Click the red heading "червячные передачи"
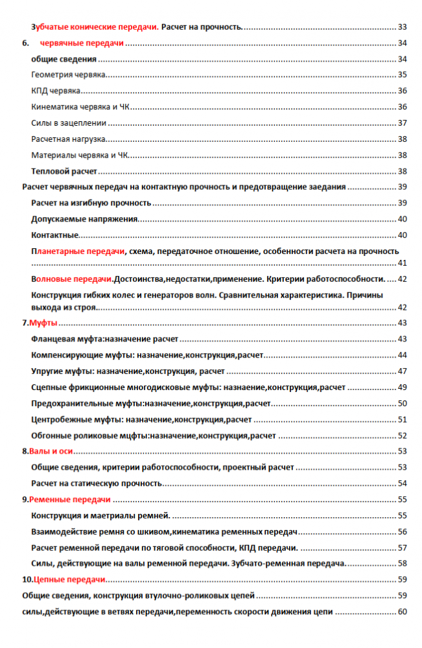tap(82, 43)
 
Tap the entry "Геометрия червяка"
tap(69, 75)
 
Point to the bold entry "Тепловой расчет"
tap(64, 171)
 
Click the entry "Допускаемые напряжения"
tap(84, 219)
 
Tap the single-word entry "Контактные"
tap(55, 235)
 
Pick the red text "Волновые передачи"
tap(72, 279)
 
